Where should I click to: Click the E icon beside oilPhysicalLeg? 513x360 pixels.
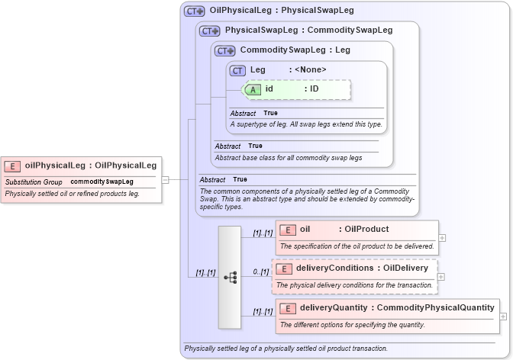pyautogui.click(x=13, y=165)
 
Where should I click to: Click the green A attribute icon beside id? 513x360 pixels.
pyautogui.click(x=253, y=89)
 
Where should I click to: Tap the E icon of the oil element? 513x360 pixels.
pyautogui.click(x=288, y=229)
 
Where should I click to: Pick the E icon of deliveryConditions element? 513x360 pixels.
pyautogui.click(x=283, y=268)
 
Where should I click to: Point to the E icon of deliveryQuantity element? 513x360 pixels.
pyautogui.click(x=288, y=308)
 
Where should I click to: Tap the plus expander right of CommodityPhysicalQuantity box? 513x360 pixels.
pyautogui.click(x=505, y=317)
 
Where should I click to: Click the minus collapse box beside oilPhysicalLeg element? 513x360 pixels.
pyautogui.click(x=165, y=180)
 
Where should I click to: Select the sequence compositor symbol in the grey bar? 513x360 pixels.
pyautogui.click(x=231, y=278)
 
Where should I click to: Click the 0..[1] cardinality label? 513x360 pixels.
pyautogui.click(x=261, y=272)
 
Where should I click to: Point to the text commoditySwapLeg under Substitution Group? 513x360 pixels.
pyautogui.click(x=102, y=182)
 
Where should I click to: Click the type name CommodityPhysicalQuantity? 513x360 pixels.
pyautogui.click(x=435, y=308)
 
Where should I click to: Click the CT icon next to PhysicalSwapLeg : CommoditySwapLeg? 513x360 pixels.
pyautogui.click(x=209, y=31)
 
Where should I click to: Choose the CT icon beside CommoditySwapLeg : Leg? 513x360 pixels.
pyautogui.click(x=224, y=51)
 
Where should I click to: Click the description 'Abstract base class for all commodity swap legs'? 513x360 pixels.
pyautogui.click(x=289, y=158)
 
